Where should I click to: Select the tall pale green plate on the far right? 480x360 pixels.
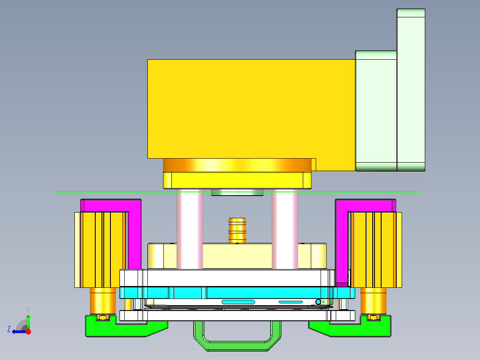point(411,89)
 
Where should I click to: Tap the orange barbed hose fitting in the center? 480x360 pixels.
point(237,230)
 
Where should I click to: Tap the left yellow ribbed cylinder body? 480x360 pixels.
point(100,250)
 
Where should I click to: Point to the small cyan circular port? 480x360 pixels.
point(318,302)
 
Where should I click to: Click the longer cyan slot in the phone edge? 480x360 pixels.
point(238,302)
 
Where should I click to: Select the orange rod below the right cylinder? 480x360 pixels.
point(373,301)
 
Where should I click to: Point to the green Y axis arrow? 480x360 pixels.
point(28,320)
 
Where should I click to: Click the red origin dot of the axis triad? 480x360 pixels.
point(28,331)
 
